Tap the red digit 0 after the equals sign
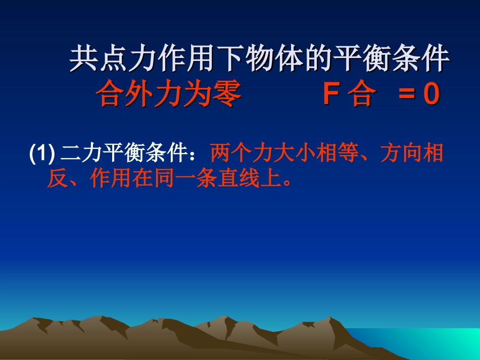430,95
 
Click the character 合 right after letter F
361,95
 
